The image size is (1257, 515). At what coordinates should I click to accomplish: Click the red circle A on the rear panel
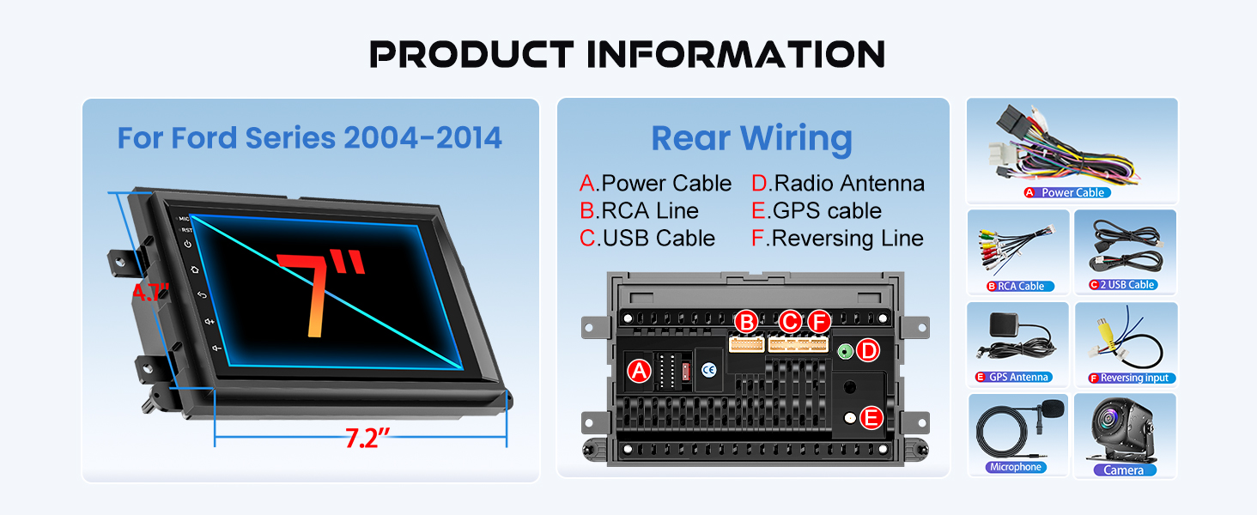click(x=638, y=371)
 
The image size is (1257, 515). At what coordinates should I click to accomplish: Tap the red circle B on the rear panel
click(x=747, y=322)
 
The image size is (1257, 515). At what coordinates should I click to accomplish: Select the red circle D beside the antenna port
click(x=869, y=350)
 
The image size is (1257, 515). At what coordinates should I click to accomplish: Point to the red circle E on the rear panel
click(x=871, y=418)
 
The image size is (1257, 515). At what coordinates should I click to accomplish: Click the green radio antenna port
click(x=845, y=350)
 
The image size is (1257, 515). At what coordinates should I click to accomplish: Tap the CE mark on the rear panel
click(x=708, y=370)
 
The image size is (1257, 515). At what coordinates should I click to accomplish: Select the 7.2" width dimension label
click(x=367, y=439)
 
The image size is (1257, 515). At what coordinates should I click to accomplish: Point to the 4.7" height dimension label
click(x=149, y=292)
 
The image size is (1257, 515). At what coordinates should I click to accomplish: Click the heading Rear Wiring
click(x=752, y=138)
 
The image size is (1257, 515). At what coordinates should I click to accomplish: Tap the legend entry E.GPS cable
click(x=817, y=211)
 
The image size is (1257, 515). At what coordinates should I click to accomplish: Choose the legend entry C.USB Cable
click(x=647, y=239)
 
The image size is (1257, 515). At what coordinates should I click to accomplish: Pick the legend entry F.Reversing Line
click(x=837, y=239)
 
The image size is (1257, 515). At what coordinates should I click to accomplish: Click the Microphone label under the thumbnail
click(x=1016, y=467)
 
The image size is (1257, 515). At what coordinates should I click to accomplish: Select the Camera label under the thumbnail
click(x=1124, y=470)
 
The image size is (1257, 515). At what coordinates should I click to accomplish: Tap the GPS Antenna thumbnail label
click(x=1018, y=377)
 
